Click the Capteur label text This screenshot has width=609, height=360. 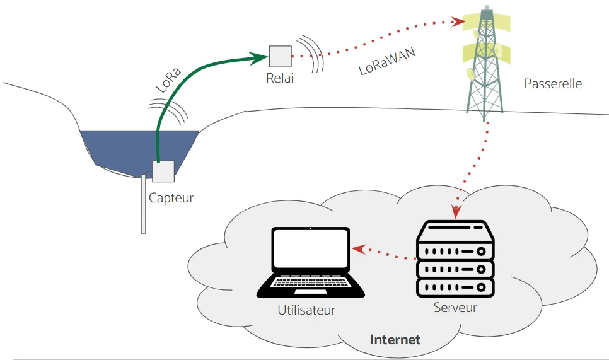click(x=171, y=198)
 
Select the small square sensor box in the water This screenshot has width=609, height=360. click(x=163, y=171)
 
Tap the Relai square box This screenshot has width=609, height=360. click(x=281, y=56)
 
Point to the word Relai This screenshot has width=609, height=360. click(x=281, y=79)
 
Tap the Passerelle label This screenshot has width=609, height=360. click(x=553, y=83)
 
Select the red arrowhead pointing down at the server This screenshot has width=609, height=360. click(x=456, y=211)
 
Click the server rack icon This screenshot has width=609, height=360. click(x=455, y=259)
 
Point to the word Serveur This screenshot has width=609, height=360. click(x=455, y=308)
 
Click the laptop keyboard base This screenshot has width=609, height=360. click(x=311, y=287)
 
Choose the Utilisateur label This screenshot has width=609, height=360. click(x=306, y=310)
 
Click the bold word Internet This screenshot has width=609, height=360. click(x=395, y=340)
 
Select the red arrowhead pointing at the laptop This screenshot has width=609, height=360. click(x=358, y=249)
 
